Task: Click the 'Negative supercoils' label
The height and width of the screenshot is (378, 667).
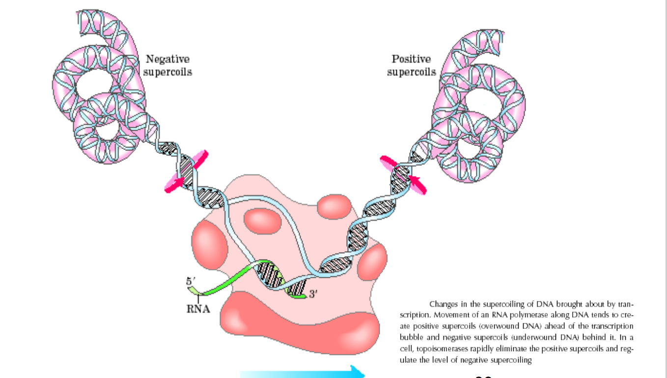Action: point(167,65)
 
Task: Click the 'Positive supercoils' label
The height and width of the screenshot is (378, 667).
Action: point(411,65)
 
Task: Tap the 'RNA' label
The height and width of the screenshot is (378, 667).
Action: point(198,309)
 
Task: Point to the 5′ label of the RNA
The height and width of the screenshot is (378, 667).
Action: point(191,282)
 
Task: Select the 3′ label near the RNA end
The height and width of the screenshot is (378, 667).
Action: point(313,294)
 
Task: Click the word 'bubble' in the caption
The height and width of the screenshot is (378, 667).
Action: point(410,338)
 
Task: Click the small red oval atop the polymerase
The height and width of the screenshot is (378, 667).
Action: point(333,206)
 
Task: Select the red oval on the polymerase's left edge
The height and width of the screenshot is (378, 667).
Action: point(209,243)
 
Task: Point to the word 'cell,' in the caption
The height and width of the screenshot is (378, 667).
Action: point(407,349)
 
